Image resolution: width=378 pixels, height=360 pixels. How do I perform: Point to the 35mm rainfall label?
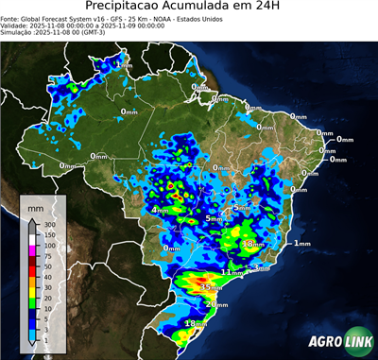click(x=211, y=286)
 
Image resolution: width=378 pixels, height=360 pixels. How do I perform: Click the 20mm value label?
click(x=217, y=304)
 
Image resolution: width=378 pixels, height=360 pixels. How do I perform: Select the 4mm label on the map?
click(x=161, y=210)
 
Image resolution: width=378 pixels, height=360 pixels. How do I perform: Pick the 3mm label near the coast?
click(x=262, y=268)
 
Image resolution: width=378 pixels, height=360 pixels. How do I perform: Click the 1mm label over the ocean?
click(x=301, y=244)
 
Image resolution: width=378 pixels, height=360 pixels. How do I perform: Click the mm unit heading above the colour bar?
click(x=35, y=205)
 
